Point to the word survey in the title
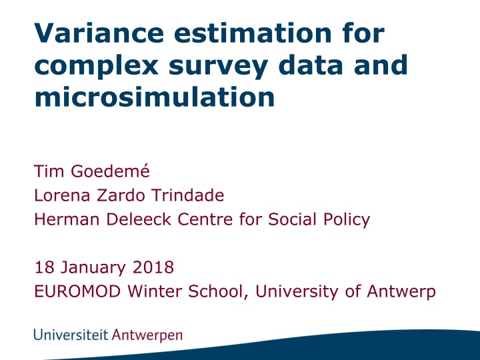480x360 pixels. tap(212, 65)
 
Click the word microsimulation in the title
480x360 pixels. tap(154, 97)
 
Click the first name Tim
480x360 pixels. tap(47, 172)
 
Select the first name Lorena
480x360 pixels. tap(61, 196)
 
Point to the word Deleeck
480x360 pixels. tap(134, 220)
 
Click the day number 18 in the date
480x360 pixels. tap(43, 268)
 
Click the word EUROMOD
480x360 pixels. tap(71, 292)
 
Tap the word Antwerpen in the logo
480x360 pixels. tap(147, 335)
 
